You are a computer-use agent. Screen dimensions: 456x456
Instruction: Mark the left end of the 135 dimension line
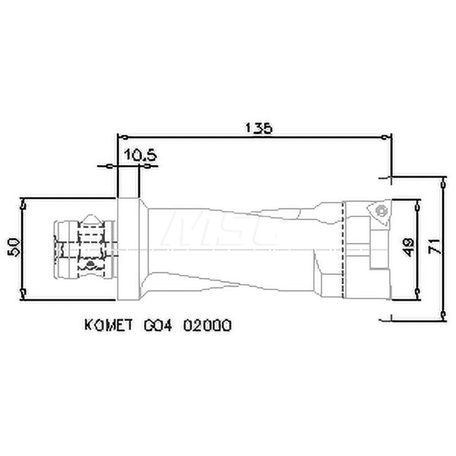pos(119,137)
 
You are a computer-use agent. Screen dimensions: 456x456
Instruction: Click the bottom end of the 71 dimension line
pos(444,314)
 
